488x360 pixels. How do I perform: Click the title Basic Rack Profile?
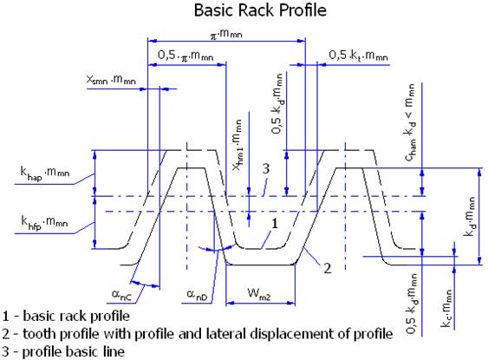[x=260, y=10]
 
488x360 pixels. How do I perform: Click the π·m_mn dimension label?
[x=226, y=34]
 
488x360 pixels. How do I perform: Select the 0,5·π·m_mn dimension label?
[x=185, y=56]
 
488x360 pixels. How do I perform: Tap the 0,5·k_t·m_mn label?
[x=359, y=56]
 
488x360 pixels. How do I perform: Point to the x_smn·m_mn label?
[x=111, y=80]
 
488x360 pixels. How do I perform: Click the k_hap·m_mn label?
[x=45, y=173]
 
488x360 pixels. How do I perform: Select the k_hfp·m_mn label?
[x=44, y=222]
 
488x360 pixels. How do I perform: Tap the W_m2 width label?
[x=259, y=294]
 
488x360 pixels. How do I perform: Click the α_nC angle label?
[x=121, y=295]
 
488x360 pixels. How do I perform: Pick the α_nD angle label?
[x=197, y=294]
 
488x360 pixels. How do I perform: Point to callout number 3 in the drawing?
[x=266, y=169]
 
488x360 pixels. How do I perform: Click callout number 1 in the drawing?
[x=275, y=223]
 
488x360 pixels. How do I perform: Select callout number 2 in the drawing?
[x=328, y=268]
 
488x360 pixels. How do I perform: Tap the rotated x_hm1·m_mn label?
[x=237, y=145]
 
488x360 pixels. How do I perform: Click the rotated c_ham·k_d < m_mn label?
[x=410, y=122]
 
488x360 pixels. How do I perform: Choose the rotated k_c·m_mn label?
[x=446, y=308]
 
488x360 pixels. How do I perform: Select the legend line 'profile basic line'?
[x=74, y=352]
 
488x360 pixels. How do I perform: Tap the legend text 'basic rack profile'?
[x=76, y=316]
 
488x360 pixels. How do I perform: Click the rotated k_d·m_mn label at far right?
[x=470, y=216]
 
